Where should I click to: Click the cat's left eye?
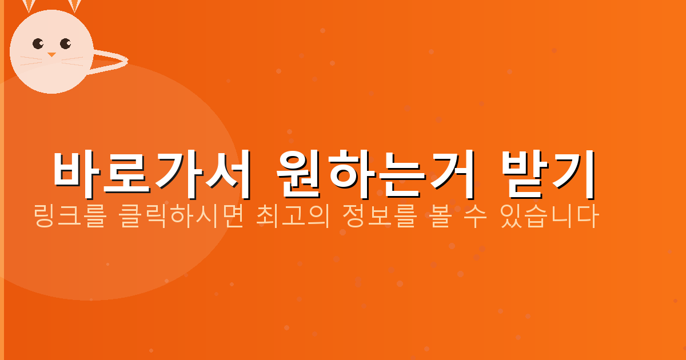[38, 43]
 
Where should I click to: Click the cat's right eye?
[65, 43]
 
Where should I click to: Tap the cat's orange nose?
[51, 55]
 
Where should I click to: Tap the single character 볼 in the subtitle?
[438, 217]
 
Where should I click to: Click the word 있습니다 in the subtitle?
[549, 217]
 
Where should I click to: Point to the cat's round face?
[51, 63]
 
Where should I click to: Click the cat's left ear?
[29, 6]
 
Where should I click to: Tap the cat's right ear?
[75, 6]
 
